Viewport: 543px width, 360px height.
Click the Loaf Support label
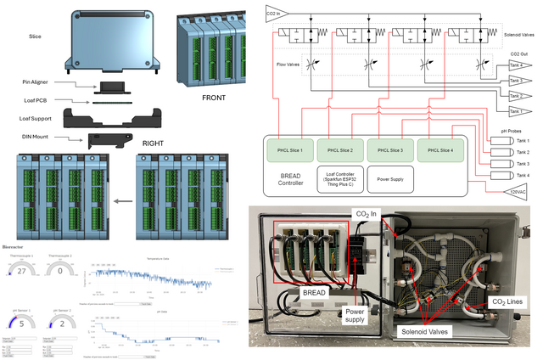(38, 118)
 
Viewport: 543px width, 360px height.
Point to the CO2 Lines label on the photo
(506, 301)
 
